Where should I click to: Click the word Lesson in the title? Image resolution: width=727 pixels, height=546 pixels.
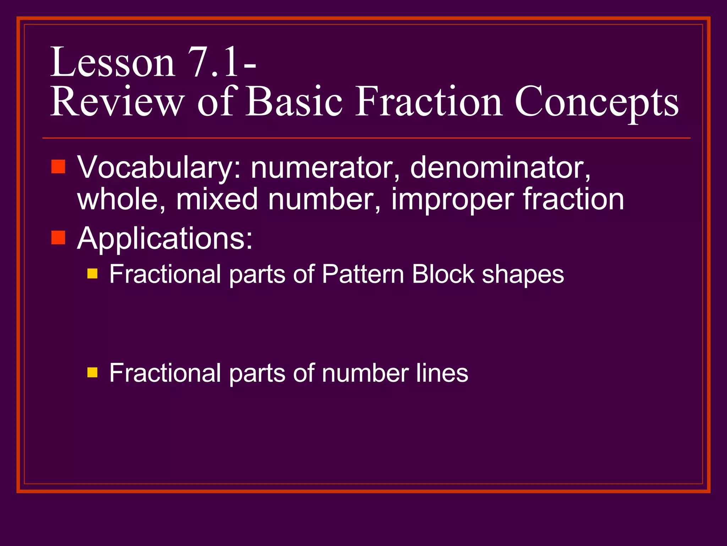point(113,63)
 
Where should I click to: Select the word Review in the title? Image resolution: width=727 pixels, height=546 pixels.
point(117,102)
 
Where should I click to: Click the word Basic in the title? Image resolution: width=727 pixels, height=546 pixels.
point(294,102)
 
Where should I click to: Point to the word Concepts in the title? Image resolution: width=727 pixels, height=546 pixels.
point(596,103)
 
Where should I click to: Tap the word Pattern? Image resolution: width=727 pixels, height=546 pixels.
point(363,274)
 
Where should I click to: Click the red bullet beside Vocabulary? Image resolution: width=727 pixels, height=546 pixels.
point(58,166)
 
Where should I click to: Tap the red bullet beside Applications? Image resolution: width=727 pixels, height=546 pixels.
point(58,237)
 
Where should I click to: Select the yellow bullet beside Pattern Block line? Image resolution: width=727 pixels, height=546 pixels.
point(92,273)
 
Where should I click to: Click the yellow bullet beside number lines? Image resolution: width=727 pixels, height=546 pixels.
point(92,372)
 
